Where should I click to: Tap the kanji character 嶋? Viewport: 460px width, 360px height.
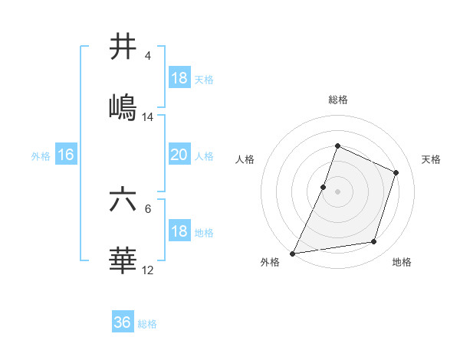(123, 107)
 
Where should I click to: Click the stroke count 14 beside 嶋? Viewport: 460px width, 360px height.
(148, 117)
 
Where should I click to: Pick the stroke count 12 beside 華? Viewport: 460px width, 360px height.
(148, 270)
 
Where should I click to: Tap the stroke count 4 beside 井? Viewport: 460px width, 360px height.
(148, 56)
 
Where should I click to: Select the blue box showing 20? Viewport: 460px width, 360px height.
(179, 155)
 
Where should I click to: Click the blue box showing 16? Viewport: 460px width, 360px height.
(66, 155)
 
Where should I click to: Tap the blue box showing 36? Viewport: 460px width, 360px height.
(123, 322)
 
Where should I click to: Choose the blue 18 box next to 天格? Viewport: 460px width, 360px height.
(179, 78)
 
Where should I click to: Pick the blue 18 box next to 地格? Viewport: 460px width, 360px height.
(179, 231)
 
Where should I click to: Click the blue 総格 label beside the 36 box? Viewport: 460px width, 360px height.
(147, 324)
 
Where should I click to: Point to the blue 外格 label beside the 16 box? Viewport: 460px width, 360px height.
(41, 156)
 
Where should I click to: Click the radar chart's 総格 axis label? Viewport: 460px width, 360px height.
(337, 100)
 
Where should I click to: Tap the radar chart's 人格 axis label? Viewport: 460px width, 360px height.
(245, 159)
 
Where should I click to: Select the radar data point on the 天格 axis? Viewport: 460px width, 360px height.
(396, 172)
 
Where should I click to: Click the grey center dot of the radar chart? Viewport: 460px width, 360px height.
(337, 191)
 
